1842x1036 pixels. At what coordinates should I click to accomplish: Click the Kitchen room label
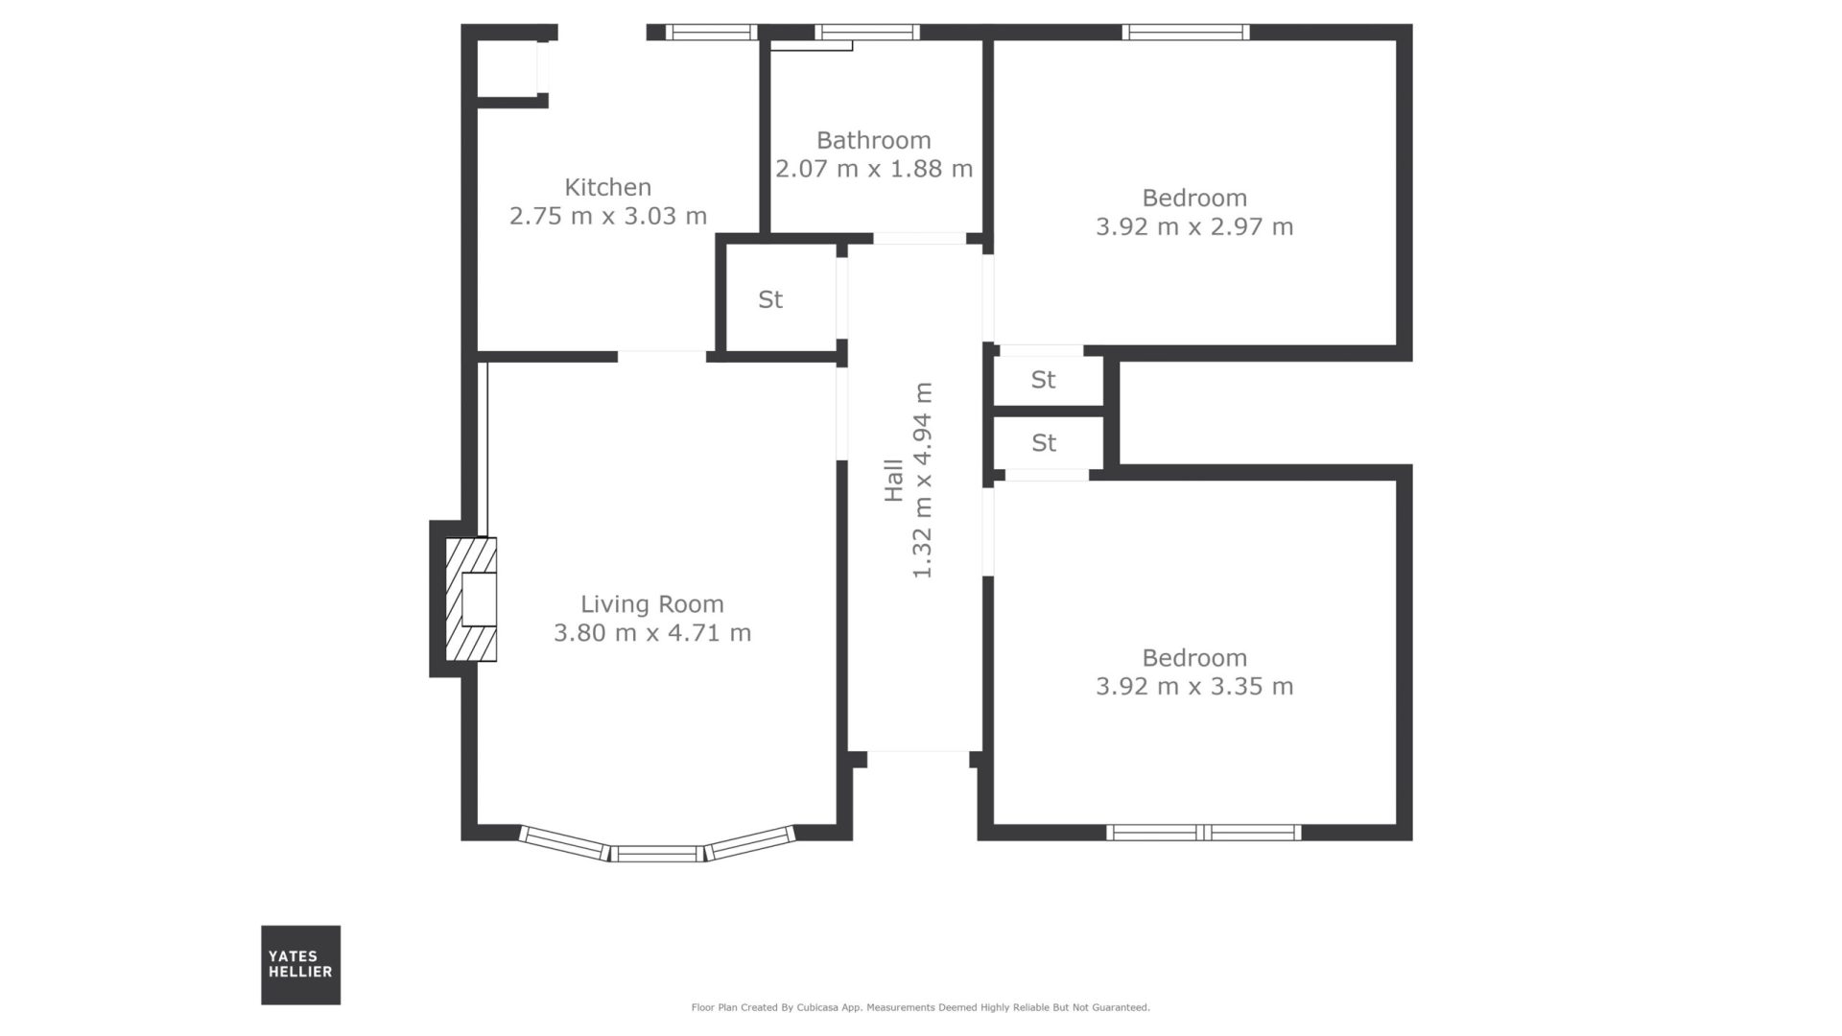[x=607, y=187]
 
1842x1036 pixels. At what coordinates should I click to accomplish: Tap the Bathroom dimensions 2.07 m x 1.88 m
[x=874, y=169]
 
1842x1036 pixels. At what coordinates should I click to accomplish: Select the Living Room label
[x=652, y=604]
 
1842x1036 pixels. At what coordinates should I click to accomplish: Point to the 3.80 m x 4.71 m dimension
[x=652, y=633]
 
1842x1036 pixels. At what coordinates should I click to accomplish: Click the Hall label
[x=894, y=480]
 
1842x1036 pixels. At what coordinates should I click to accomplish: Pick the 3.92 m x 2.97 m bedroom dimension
[x=1194, y=226]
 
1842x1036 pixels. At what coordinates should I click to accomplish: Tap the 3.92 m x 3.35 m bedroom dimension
[x=1194, y=687]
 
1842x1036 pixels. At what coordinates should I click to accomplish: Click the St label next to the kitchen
[x=770, y=299]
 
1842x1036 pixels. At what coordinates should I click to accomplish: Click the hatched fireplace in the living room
[x=471, y=600]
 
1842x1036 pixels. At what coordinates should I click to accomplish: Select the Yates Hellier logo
[x=300, y=964]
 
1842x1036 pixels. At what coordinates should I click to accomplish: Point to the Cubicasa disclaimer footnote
[x=920, y=1007]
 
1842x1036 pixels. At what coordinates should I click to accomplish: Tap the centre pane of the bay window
[x=658, y=853]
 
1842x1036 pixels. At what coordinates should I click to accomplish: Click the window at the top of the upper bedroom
[x=1186, y=32]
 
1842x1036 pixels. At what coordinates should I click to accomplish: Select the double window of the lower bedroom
[x=1204, y=832]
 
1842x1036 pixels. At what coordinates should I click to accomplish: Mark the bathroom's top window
[x=867, y=32]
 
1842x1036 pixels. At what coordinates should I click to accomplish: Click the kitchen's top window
[x=711, y=32]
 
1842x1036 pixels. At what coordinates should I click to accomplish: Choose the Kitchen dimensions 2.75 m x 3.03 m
[x=608, y=216]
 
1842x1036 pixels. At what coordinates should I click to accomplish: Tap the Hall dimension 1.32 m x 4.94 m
[x=922, y=480]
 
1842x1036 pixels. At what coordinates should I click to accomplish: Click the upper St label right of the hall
[x=1043, y=380]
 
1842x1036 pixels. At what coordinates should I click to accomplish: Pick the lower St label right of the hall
[x=1044, y=443]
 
